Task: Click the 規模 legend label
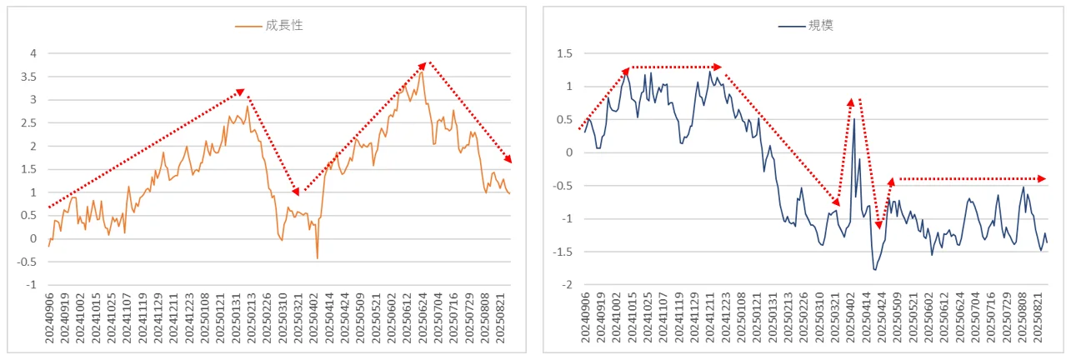coord(820,26)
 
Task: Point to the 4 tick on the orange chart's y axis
coord(33,53)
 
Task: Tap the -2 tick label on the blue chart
coord(567,285)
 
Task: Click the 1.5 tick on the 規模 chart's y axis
coord(565,53)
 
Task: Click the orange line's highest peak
coord(422,72)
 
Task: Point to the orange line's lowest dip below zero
coord(317,258)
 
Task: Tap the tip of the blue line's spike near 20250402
coord(853,119)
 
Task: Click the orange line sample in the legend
coord(248,26)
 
